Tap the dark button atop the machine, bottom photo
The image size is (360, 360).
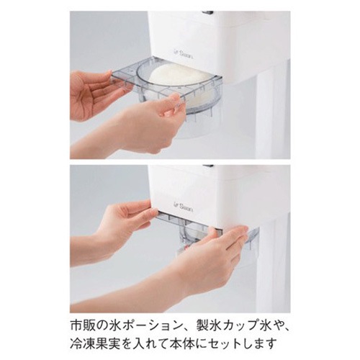pos(208,166)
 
